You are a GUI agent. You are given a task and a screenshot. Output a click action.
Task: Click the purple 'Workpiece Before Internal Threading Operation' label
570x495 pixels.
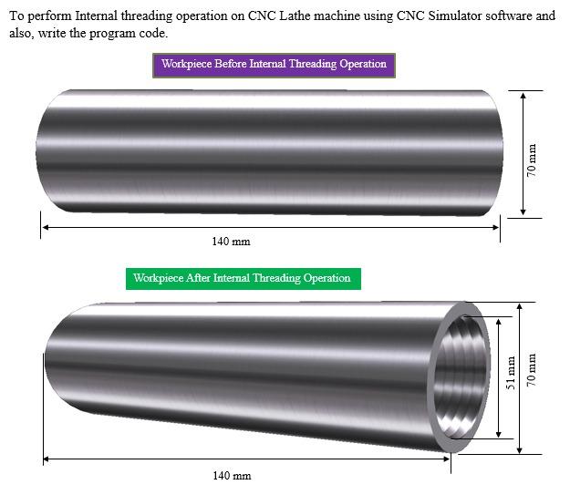274,65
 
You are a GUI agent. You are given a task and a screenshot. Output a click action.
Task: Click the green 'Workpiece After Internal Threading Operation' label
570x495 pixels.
242,278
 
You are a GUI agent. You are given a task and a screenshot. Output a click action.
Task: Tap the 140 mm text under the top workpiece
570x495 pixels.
231,242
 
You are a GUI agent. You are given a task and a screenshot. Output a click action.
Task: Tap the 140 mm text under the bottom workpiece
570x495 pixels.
231,475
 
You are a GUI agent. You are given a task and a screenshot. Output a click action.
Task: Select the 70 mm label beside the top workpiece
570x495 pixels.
533,157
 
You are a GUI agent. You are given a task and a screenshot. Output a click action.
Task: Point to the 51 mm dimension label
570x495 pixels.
512,375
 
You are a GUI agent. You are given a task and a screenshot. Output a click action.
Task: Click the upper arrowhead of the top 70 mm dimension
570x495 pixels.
523,95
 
